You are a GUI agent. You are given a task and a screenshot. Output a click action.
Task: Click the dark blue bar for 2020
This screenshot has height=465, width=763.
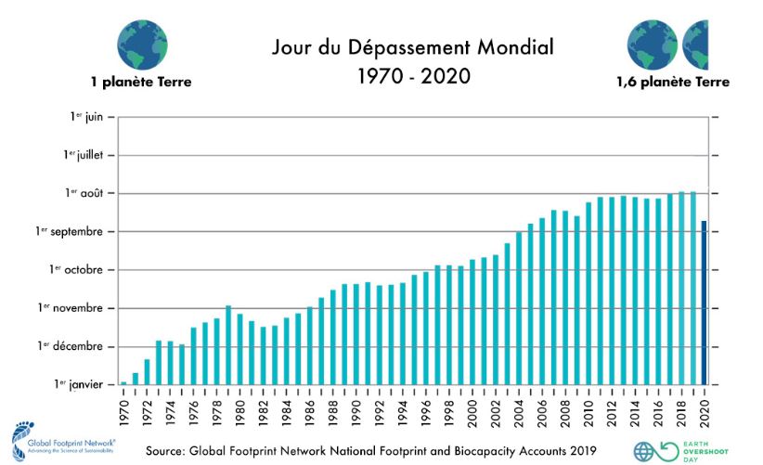[705, 303]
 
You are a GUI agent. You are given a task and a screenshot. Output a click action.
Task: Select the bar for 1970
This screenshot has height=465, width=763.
[123, 382]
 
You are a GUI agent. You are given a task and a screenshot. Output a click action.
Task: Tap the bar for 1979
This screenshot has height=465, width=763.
[228, 344]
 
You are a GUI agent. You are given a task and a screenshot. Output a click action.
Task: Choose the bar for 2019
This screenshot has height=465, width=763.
[693, 288]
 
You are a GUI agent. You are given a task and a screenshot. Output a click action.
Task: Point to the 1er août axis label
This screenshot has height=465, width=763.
[84, 193]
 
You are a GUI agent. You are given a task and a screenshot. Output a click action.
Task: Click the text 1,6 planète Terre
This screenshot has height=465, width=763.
[673, 82]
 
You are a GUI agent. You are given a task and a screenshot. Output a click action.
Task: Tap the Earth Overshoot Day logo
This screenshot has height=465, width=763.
[650, 450]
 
